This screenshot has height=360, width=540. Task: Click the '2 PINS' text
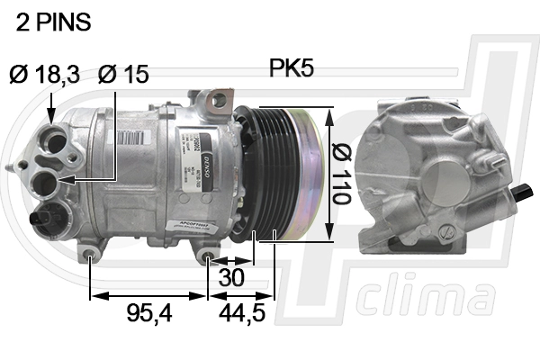[54, 23]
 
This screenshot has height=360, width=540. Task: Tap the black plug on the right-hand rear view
[525, 190]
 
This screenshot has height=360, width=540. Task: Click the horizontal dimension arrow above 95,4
[148, 294]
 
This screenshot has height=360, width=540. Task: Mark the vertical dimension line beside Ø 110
[332, 171]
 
